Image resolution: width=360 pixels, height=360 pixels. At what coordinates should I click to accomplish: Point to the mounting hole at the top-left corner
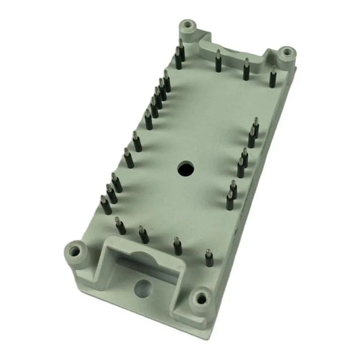(188, 27)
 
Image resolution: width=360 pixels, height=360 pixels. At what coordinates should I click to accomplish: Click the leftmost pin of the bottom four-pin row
(120, 226)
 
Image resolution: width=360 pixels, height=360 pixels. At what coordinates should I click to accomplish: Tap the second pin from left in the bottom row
(144, 234)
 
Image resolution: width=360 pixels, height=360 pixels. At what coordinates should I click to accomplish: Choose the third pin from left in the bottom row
(177, 246)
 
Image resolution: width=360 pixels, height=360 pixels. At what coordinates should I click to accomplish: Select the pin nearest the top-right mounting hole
(273, 78)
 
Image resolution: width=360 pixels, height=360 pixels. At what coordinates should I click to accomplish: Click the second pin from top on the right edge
(251, 138)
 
